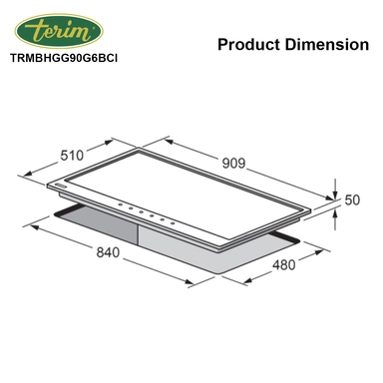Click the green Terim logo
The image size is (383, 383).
click(59, 31)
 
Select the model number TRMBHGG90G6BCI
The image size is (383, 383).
click(64, 58)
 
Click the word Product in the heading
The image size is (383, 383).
click(248, 44)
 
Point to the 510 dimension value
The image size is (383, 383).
click(72, 156)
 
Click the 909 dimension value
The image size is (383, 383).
click(233, 163)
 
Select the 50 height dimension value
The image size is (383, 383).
click(352, 199)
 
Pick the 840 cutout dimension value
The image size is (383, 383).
click(108, 252)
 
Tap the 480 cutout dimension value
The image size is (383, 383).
click(284, 265)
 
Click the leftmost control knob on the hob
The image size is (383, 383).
click(121, 204)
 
